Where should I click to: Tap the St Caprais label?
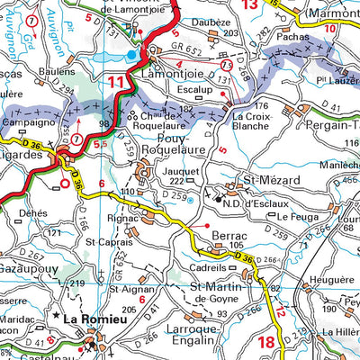[x=108, y=242]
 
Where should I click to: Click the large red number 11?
[x=116, y=84]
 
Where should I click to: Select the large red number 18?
[x=265, y=341]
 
